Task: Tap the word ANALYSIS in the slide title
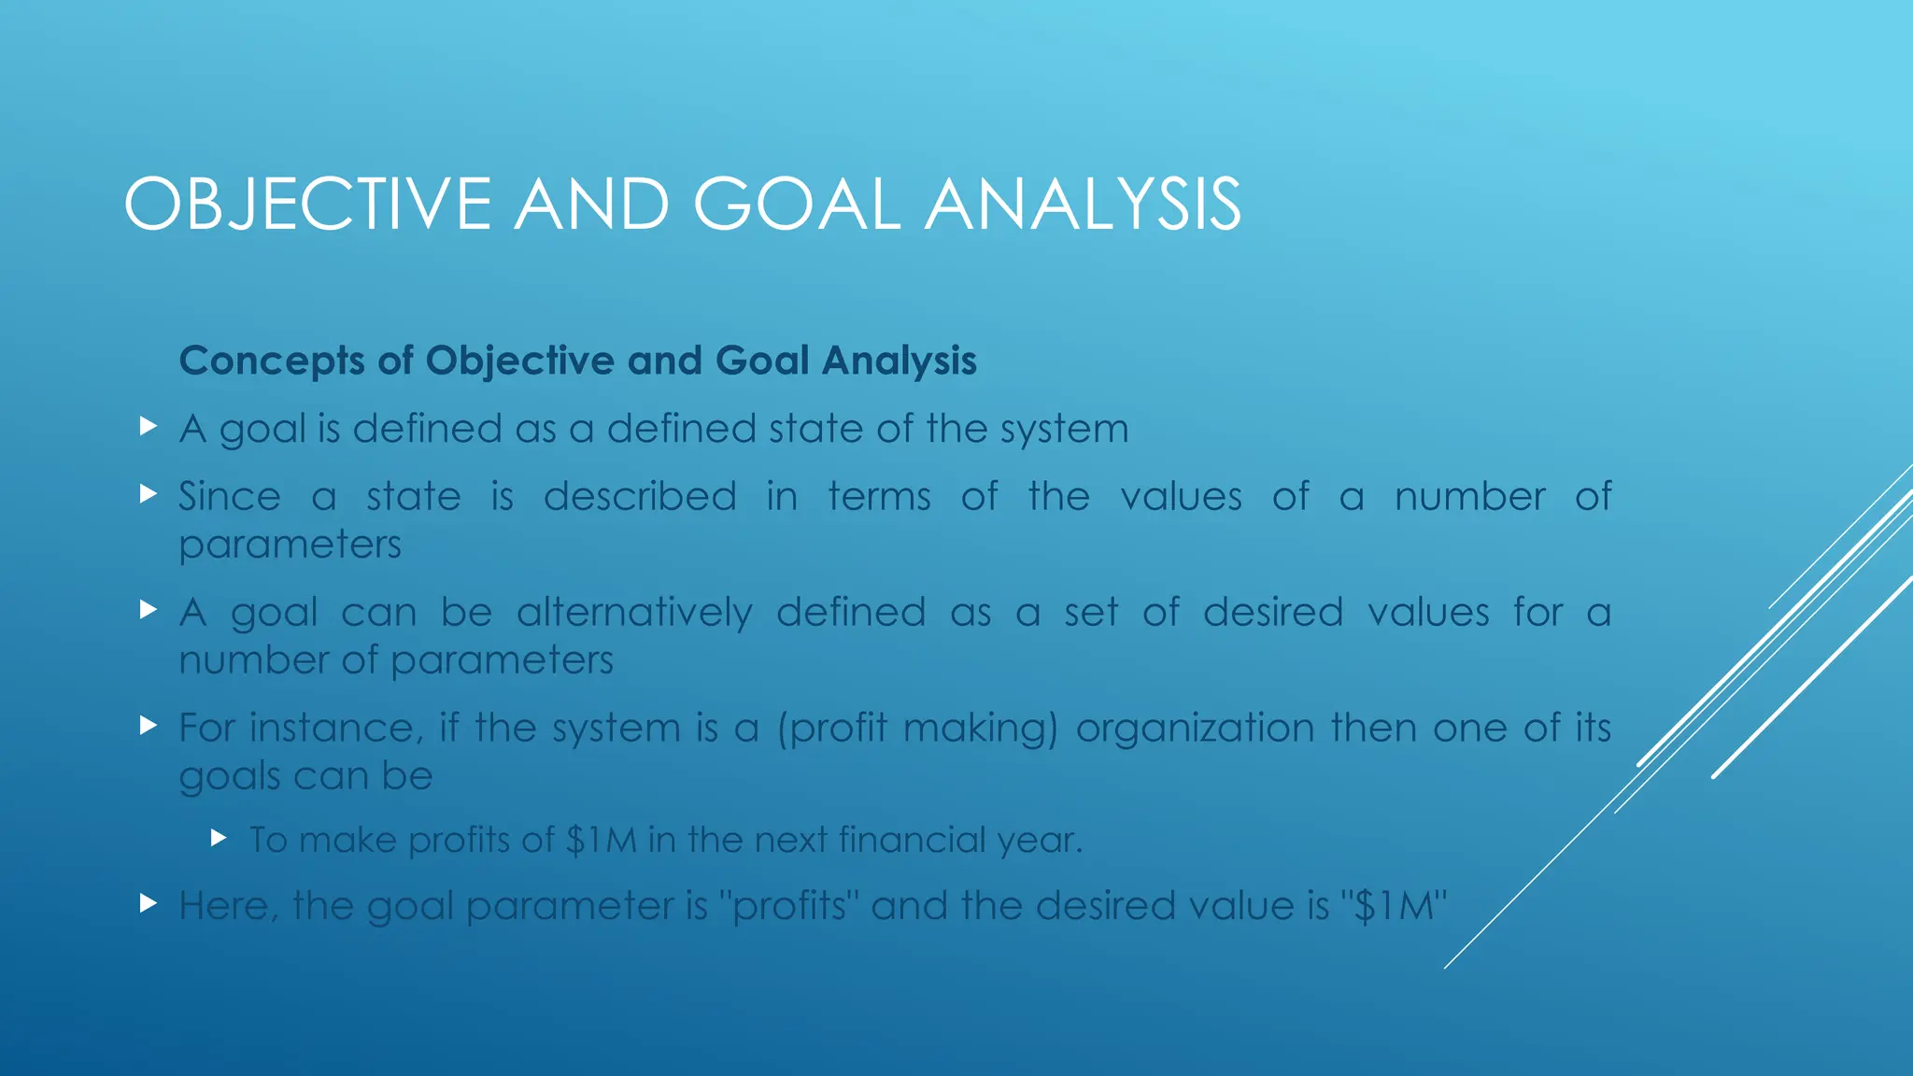(x=1083, y=205)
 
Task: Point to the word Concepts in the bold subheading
(x=272, y=361)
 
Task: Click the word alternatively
(x=634, y=613)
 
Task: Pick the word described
(x=640, y=497)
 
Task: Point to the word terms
(x=879, y=497)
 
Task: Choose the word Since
(x=230, y=497)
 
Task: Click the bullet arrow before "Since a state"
(x=148, y=493)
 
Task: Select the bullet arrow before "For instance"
(x=148, y=725)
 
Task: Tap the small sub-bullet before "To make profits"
(x=220, y=838)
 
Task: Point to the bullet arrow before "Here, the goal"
(x=148, y=903)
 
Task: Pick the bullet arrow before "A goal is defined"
(x=148, y=426)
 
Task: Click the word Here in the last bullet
(x=227, y=906)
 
